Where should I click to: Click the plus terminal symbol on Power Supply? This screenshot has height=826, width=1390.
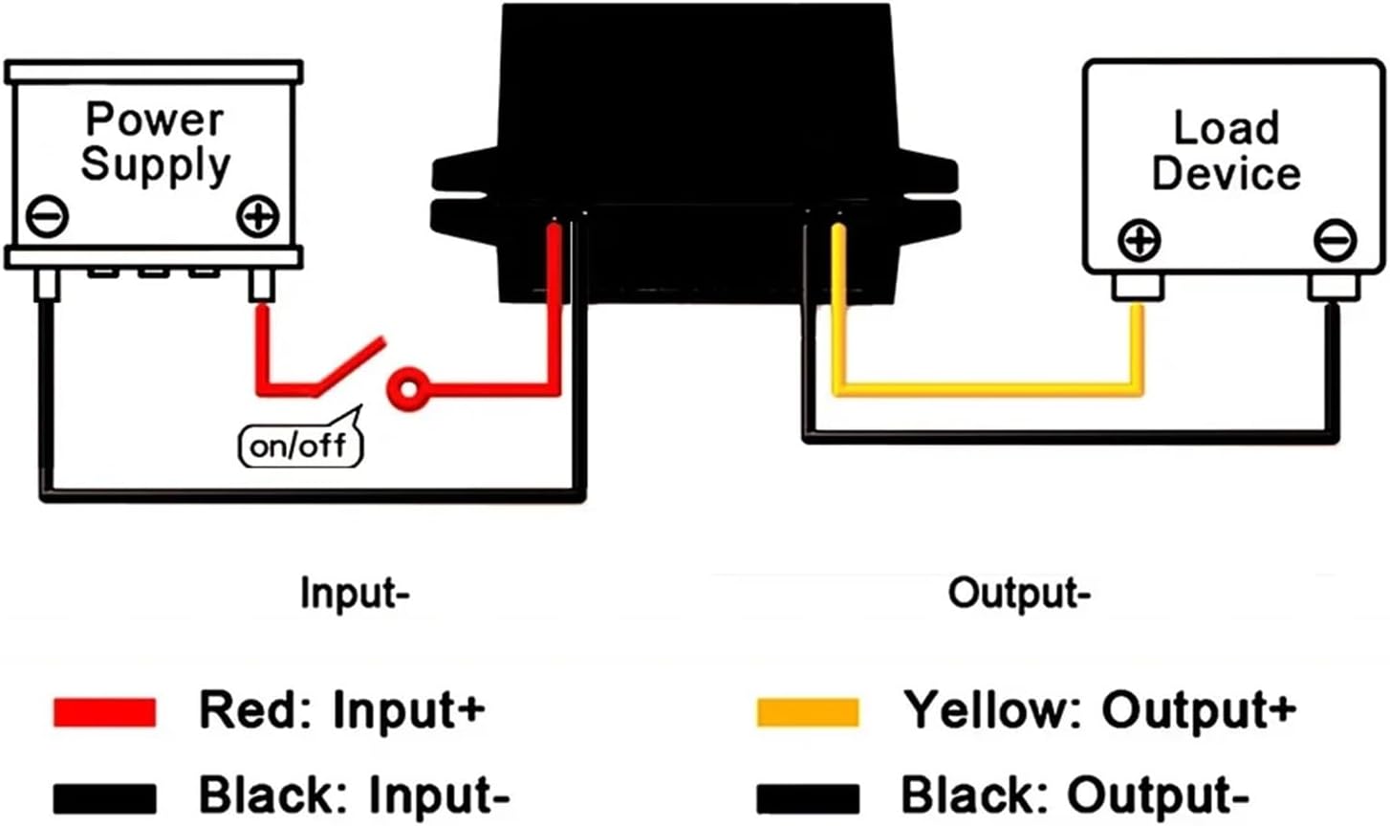tap(257, 217)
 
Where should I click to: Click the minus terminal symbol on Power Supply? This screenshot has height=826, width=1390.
tap(47, 216)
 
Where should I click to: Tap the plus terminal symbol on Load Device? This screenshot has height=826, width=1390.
tap(1138, 240)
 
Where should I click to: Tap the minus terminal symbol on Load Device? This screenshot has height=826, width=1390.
tap(1334, 239)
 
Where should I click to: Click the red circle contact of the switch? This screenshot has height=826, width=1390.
tap(408, 389)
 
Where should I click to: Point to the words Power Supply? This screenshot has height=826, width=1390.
tap(155, 141)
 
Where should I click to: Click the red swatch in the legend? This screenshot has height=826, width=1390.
tap(104, 712)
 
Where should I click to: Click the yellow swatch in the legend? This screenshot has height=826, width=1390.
tap(807, 712)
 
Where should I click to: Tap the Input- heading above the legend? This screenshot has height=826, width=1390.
tap(355, 593)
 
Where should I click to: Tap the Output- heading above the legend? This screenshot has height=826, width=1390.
tap(1019, 593)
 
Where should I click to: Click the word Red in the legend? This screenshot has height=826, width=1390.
tap(251, 710)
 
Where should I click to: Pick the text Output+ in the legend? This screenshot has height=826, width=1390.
tap(1199, 710)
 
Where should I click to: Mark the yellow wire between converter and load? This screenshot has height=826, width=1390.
tap(985, 388)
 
